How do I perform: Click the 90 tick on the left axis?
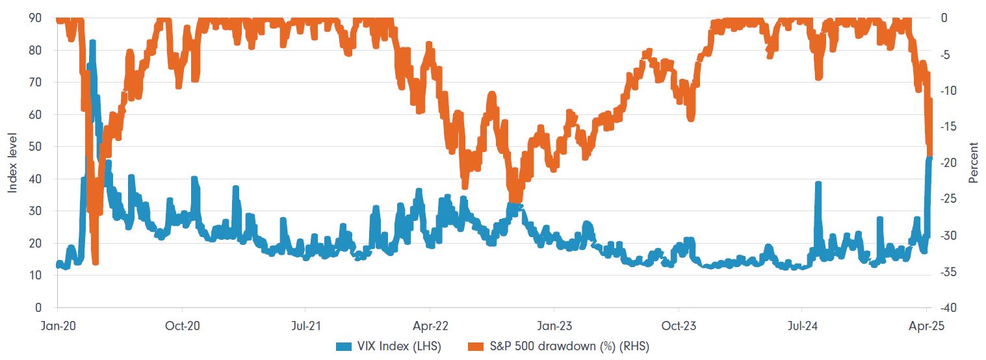[x=36, y=19]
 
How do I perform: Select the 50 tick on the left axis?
[x=36, y=147]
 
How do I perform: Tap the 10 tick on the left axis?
[x=36, y=276]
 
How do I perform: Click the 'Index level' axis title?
[x=12, y=163]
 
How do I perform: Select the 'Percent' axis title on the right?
[x=973, y=163]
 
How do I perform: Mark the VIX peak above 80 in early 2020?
[x=92, y=43]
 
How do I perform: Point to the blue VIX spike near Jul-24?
[x=818, y=185]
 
